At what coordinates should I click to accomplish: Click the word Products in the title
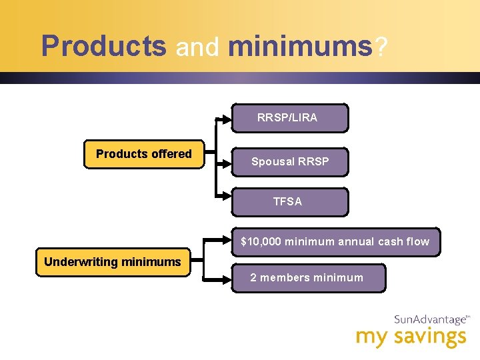point(103,46)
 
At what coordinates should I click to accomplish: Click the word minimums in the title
point(299,46)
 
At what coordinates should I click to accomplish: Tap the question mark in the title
point(380,46)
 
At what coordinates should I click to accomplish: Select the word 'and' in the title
point(197,47)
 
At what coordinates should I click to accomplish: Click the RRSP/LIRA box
point(290,118)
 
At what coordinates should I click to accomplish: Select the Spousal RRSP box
point(290,161)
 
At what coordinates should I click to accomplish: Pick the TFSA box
point(290,201)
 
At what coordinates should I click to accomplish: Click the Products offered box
point(144,154)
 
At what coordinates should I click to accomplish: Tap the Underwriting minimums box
point(112,262)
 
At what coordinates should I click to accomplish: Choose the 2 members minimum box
point(308,277)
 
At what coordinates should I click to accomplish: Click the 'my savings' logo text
point(411,337)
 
